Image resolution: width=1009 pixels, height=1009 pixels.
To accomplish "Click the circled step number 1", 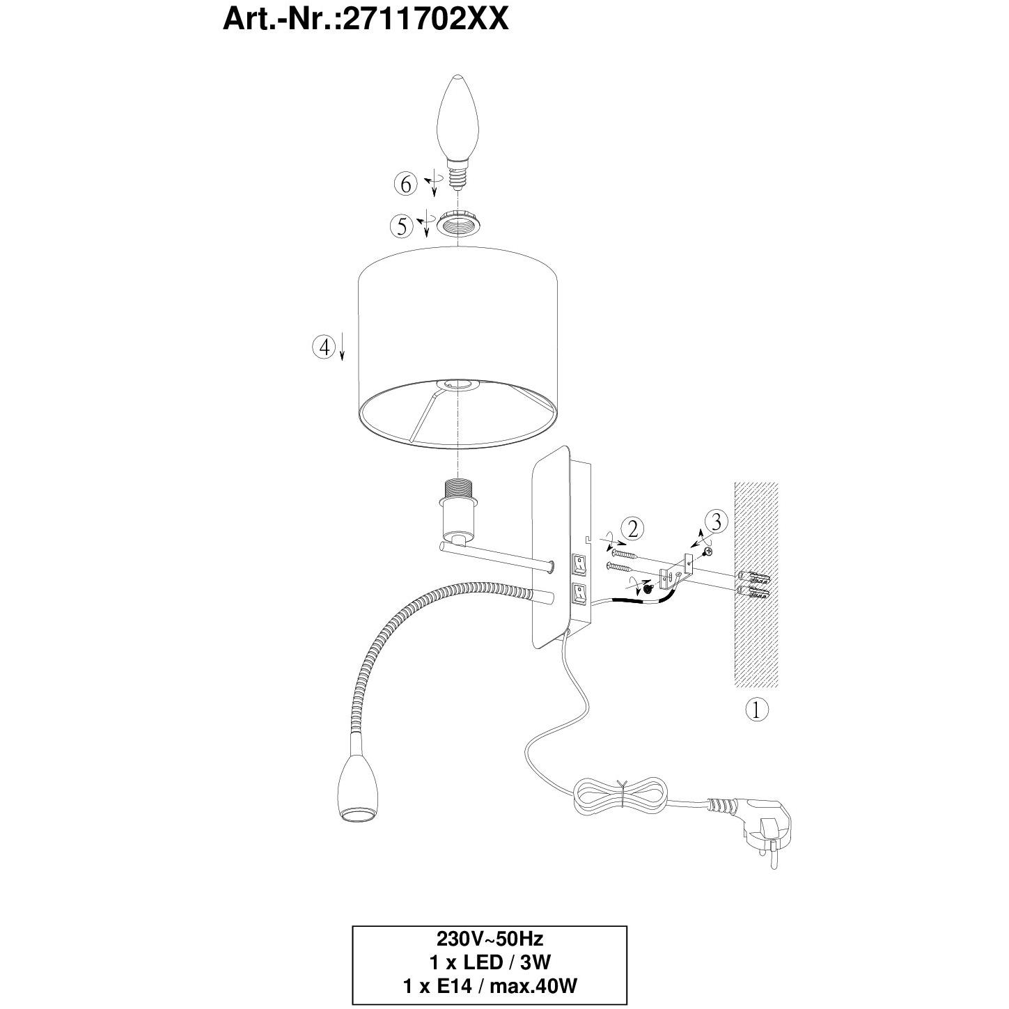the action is [x=756, y=710].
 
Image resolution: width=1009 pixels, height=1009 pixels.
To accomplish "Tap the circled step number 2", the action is [x=633, y=529].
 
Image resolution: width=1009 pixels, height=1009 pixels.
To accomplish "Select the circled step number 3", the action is [x=717, y=521].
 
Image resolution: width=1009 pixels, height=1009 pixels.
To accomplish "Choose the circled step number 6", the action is [x=406, y=185].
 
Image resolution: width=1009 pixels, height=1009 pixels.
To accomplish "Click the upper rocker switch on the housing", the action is [x=579, y=563].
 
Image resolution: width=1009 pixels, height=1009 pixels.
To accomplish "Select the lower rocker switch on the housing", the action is [x=579, y=593].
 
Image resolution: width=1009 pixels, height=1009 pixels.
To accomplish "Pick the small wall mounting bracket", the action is [x=675, y=571].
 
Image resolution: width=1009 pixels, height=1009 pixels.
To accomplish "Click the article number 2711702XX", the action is [x=425, y=21].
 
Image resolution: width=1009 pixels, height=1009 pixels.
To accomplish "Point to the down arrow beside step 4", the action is [x=342, y=346].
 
